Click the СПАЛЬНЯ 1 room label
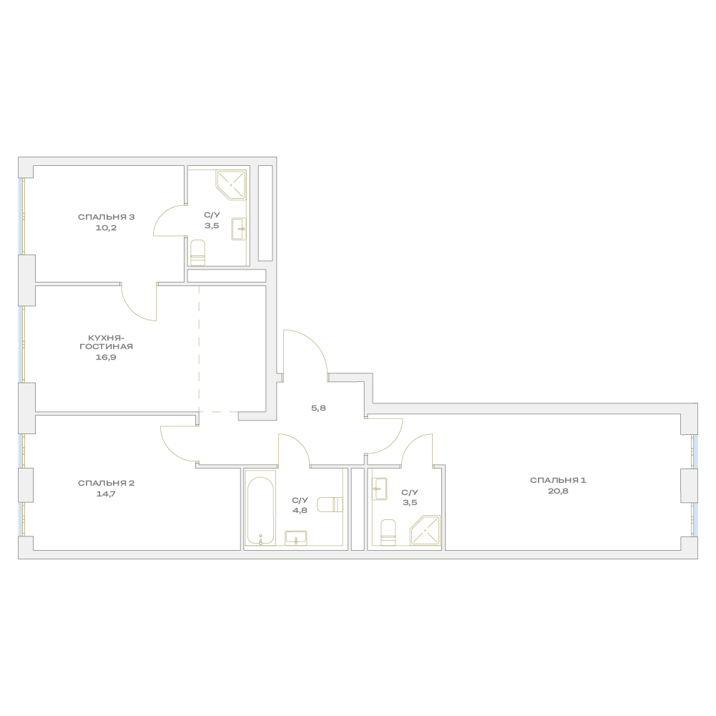pyautogui.click(x=557, y=481)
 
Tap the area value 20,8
pyautogui.click(x=557, y=491)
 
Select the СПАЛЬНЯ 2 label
pyautogui.click(x=106, y=483)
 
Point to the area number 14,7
pyautogui.click(x=106, y=494)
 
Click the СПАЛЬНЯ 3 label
pyautogui.click(x=106, y=217)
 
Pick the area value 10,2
pyautogui.click(x=106, y=228)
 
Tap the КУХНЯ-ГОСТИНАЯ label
pyautogui.click(x=106, y=342)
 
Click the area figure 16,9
pyautogui.click(x=106, y=358)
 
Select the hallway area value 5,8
pyautogui.click(x=318, y=408)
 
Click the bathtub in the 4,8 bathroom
pyautogui.click(x=260, y=511)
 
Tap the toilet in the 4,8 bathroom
pyautogui.click(x=330, y=504)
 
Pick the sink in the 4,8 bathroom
pyautogui.click(x=296, y=537)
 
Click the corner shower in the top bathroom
pyautogui.click(x=231, y=185)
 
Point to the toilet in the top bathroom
pyautogui.click(x=197, y=252)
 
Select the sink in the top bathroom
pyautogui.click(x=239, y=229)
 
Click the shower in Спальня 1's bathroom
pyautogui.click(x=425, y=530)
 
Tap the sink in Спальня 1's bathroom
pyautogui.click(x=380, y=489)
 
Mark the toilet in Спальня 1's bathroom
pyautogui.click(x=388, y=532)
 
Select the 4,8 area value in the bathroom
pyautogui.click(x=300, y=511)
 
